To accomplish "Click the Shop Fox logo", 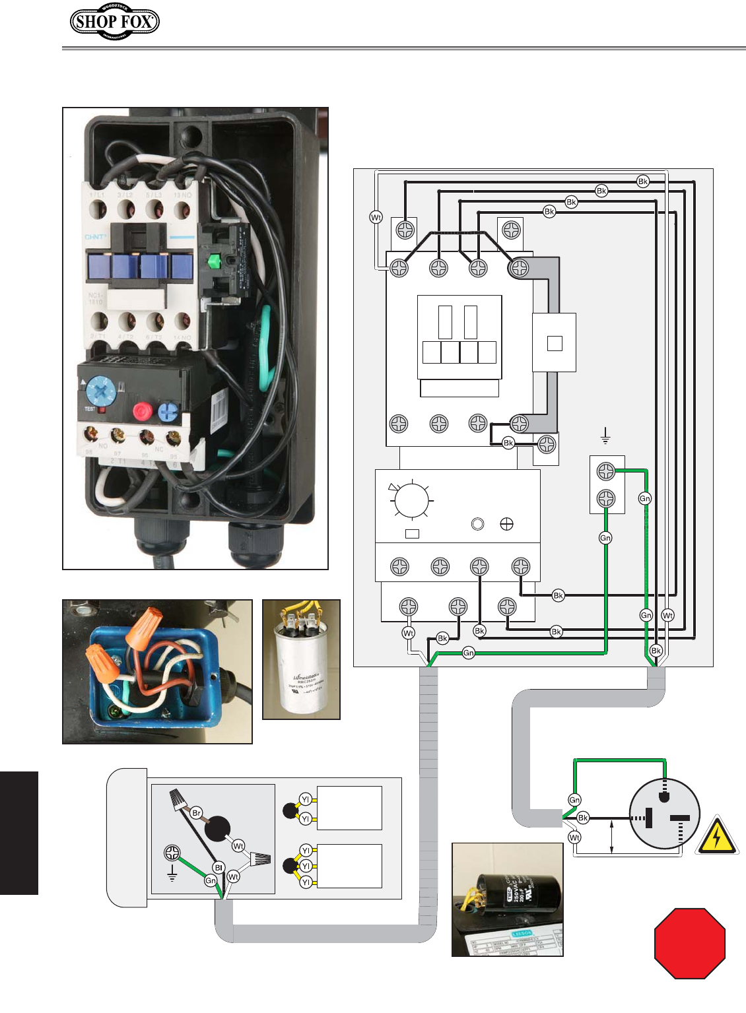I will tap(115, 21).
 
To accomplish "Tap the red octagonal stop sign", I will tap(690, 943).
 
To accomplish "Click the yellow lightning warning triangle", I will tap(716, 837).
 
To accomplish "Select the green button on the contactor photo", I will tap(213, 261).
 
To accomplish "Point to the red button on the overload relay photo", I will tap(143, 412).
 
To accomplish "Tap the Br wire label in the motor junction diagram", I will tap(196, 813).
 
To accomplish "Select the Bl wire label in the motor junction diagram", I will tap(218, 868).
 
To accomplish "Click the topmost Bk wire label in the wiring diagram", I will tap(642, 181).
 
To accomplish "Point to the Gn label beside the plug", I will tap(574, 800).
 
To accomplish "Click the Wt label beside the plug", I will tap(574, 837).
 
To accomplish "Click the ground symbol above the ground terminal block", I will tap(605, 436).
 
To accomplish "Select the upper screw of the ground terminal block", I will tap(606, 471).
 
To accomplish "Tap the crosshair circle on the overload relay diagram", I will tap(507, 524).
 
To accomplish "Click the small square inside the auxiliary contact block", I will tap(555, 343).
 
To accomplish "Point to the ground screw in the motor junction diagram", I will tap(172, 853).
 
